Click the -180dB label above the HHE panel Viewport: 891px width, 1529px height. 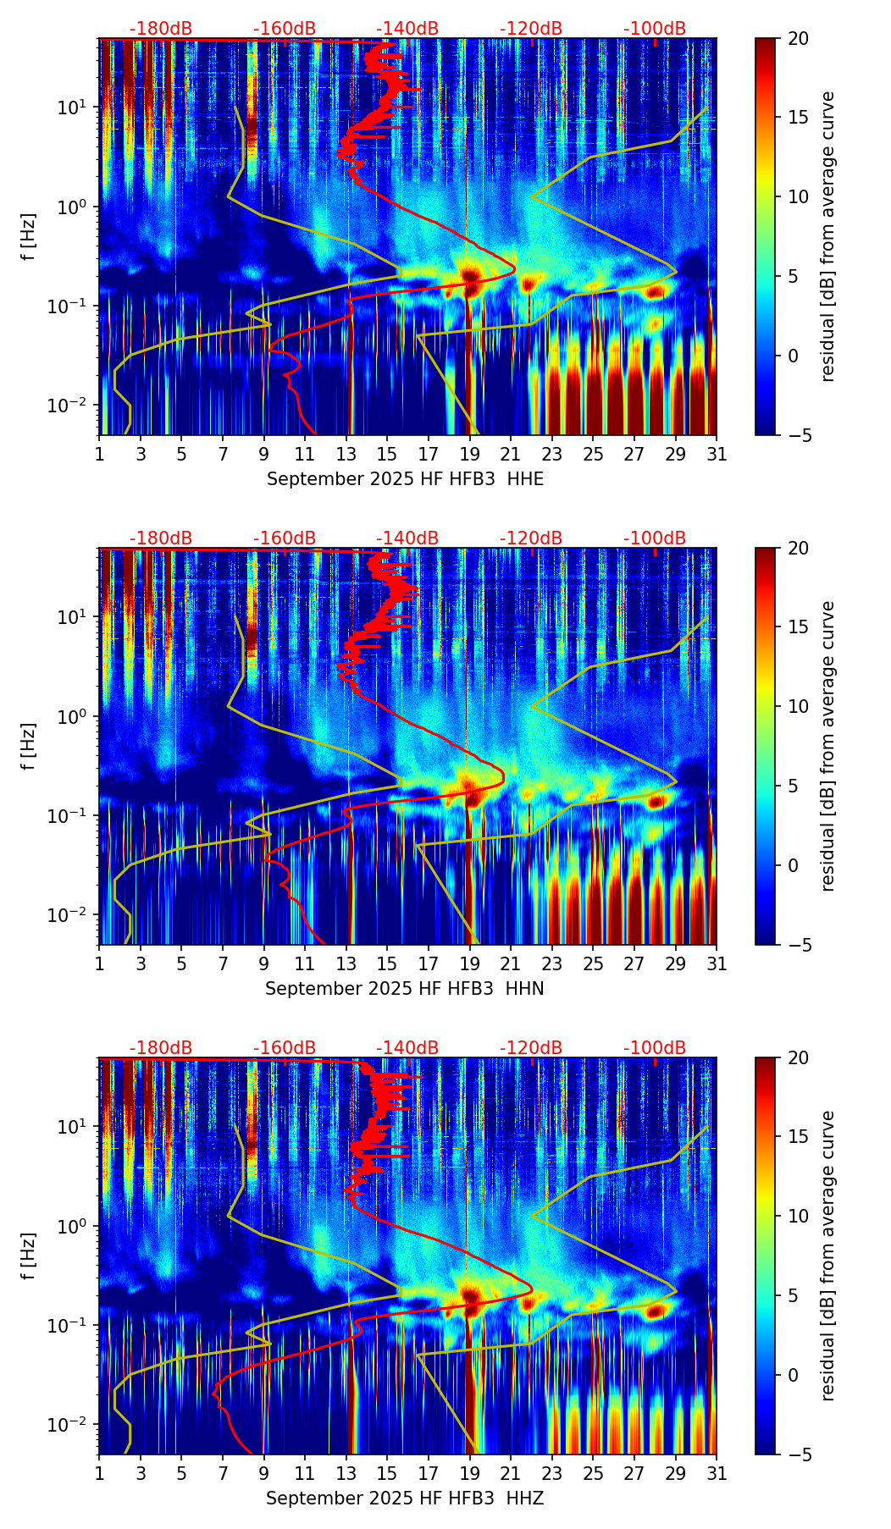point(161,29)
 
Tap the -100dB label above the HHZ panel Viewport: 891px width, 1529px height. point(655,1048)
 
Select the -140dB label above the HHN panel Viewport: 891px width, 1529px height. point(407,538)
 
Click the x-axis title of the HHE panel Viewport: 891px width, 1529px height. point(405,479)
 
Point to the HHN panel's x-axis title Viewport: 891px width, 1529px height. point(405,989)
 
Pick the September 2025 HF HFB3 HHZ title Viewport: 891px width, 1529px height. point(405,1499)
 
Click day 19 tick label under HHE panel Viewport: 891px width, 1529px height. point(470,454)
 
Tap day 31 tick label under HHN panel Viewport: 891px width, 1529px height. point(717,963)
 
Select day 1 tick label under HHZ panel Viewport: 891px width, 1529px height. point(100,1473)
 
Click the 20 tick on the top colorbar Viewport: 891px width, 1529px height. point(798,39)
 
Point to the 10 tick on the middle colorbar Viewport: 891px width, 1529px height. point(798,706)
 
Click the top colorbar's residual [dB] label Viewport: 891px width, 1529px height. point(828,237)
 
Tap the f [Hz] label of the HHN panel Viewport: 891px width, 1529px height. point(30,746)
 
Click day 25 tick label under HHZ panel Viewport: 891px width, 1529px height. point(593,1473)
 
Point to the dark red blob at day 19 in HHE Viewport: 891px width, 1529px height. point(471,276)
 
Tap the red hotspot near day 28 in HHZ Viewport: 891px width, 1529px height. point(655,1311)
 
